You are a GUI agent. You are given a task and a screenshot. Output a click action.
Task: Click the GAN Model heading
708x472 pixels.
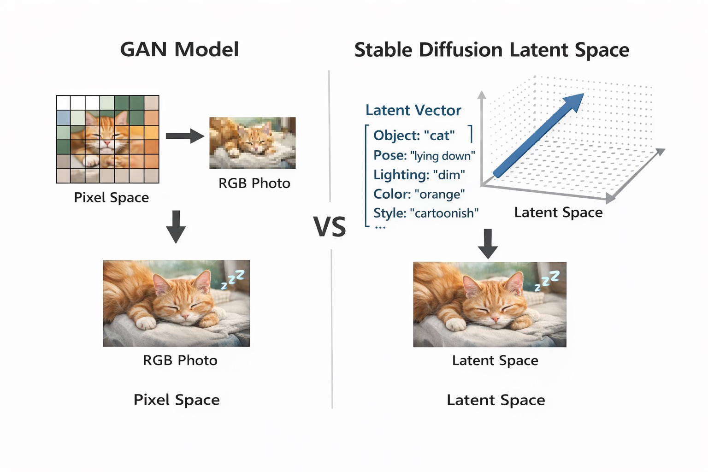pyautogui.click(x=179, y=49)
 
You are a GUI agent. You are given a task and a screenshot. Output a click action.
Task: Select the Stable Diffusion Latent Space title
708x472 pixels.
pyautogui.click(x=491, y=50)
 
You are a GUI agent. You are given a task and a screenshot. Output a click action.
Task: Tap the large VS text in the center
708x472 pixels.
pyautogui.click(x=330, y=226)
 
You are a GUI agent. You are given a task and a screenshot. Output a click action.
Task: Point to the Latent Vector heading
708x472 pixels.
pyautogui.click(x=413, y=110)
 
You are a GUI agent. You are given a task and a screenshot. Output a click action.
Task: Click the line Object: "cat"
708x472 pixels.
pyautogui.click(x=414, y=136)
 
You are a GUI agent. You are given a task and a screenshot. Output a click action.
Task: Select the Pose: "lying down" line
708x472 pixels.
pyautogui.click(x=424, y=155)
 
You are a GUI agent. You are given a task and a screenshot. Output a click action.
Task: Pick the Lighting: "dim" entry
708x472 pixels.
pyautogui.click(x=419, y=175)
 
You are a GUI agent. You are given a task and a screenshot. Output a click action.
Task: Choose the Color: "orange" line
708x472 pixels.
pyautogui.click(x=419, y=194)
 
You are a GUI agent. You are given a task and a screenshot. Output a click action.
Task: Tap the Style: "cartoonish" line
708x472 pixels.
pyautogui.click(x=426, y=213)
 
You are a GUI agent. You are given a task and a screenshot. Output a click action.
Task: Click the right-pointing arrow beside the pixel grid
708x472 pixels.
pyautogui.click(x=185, y=136)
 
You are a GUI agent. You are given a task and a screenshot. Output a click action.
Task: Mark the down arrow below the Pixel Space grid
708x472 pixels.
pyautogui.click(x=176, y=226)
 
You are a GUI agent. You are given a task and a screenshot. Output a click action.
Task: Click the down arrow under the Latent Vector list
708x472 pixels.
pyautogui.click(x=488, y=243)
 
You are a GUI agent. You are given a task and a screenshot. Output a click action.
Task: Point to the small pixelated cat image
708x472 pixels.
pyautogui.click(x=253, y=143)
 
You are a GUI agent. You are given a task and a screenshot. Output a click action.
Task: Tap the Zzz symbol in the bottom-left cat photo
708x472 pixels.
pyautogui.click(x=233, y=279)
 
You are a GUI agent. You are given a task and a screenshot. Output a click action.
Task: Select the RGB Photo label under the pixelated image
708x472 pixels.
pyautogui.click(x=254, y=183)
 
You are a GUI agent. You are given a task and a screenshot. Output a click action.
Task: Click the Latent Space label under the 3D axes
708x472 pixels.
pyautogui.click(x=558, y=212)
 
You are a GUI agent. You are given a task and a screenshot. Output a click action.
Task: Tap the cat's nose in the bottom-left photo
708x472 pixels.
pyautogui.click(x=185, y=317)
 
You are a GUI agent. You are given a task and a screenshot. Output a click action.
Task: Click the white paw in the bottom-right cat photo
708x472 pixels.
pyautogui.click(x=457, y=325)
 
